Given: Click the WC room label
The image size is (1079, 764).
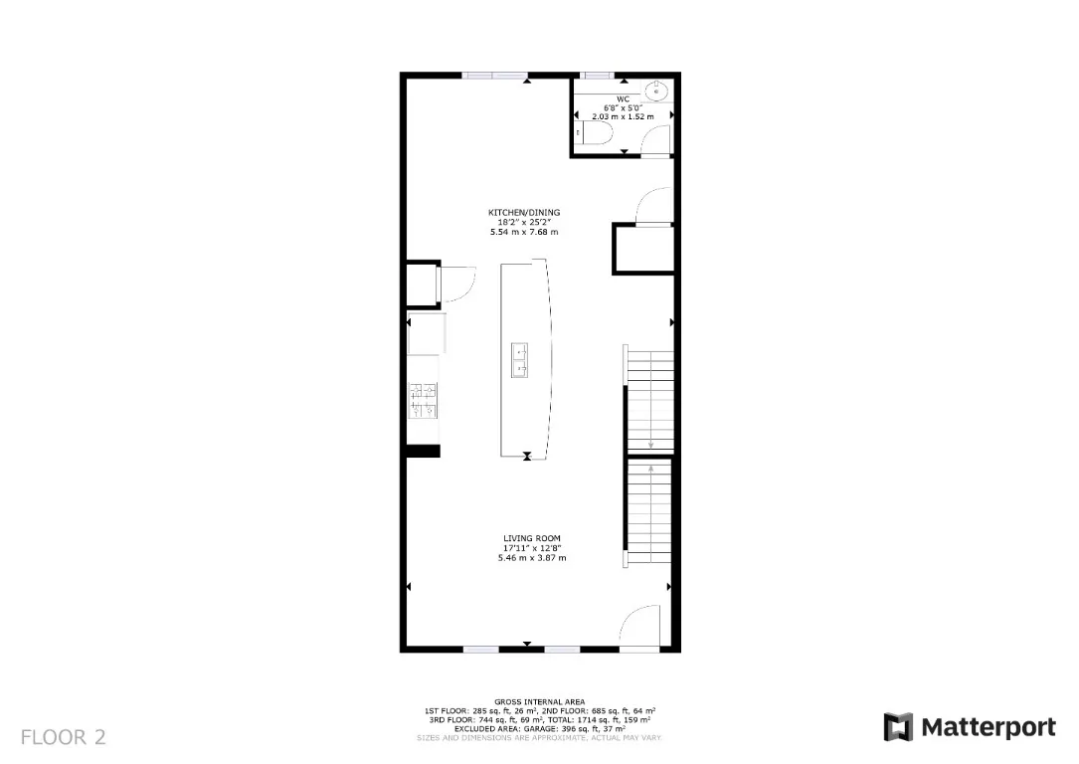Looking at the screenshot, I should tap(623, 98).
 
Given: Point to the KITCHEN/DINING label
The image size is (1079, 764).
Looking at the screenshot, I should tap(523, 213).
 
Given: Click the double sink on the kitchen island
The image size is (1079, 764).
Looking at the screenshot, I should tap(520, 360).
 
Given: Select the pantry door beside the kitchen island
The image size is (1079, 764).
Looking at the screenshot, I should tap(454, 284).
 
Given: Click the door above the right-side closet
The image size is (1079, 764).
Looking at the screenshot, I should tap(651, 207).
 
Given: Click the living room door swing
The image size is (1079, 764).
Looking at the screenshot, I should tap(641, 627).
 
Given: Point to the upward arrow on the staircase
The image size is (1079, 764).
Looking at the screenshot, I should tap(650, 467).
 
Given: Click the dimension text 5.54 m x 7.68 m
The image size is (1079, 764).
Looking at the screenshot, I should tap(523, 232).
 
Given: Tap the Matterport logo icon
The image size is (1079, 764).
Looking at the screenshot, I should tap(898, 727).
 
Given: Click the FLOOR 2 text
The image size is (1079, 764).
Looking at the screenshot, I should tap(63, 737).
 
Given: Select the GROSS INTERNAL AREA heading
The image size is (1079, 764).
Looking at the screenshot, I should tap(539, 702).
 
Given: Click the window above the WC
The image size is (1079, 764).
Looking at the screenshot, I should tap(598, 75).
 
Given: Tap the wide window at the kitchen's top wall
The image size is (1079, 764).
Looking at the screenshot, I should tap(495, 75).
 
